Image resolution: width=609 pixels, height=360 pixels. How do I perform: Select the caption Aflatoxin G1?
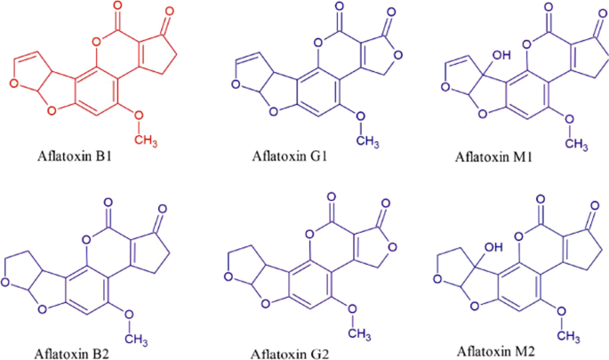289,156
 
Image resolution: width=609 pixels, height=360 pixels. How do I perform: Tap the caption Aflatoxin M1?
493,157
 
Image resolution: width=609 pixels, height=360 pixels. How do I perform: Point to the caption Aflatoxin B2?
72,354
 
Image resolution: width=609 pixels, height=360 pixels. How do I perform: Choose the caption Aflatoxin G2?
289,354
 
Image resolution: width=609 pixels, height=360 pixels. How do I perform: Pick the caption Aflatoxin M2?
495,351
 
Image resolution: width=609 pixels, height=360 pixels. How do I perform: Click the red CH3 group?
146,140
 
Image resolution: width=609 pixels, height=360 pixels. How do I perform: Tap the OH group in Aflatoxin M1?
501,55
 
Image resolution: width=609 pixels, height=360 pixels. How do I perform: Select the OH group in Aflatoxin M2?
493,247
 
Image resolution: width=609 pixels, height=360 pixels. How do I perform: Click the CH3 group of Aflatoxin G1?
367,141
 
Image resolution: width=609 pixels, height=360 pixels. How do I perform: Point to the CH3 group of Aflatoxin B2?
136,339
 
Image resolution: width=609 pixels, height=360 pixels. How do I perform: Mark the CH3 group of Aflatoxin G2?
359,333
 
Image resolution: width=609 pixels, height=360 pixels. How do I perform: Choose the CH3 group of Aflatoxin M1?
576,144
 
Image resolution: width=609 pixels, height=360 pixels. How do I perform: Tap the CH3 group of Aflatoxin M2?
569,335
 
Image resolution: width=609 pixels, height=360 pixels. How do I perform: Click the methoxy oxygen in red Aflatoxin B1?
139,116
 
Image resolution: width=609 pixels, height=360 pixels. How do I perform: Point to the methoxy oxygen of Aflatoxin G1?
360,116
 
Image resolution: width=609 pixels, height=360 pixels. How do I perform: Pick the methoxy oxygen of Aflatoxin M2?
561,311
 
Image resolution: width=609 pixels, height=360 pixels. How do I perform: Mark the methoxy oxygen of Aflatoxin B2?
129,314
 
